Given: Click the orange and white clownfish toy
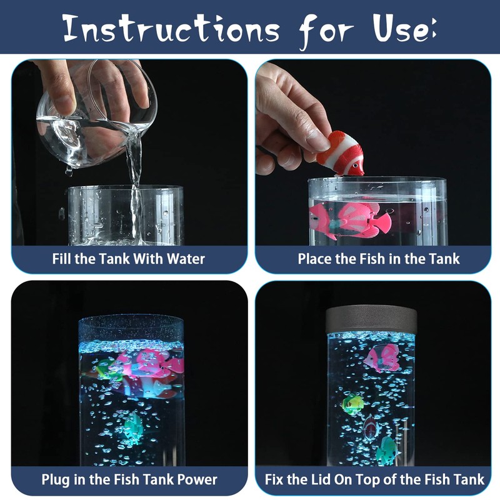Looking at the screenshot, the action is tap(341, 154).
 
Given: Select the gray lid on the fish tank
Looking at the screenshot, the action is tap(371, 319).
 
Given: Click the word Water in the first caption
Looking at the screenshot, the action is tap(186, 259).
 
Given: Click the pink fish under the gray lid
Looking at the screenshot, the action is tap(382, 358).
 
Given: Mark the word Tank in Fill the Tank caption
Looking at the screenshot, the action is tap(115, 259).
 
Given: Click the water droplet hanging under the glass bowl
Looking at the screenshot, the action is tap(69, 171).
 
